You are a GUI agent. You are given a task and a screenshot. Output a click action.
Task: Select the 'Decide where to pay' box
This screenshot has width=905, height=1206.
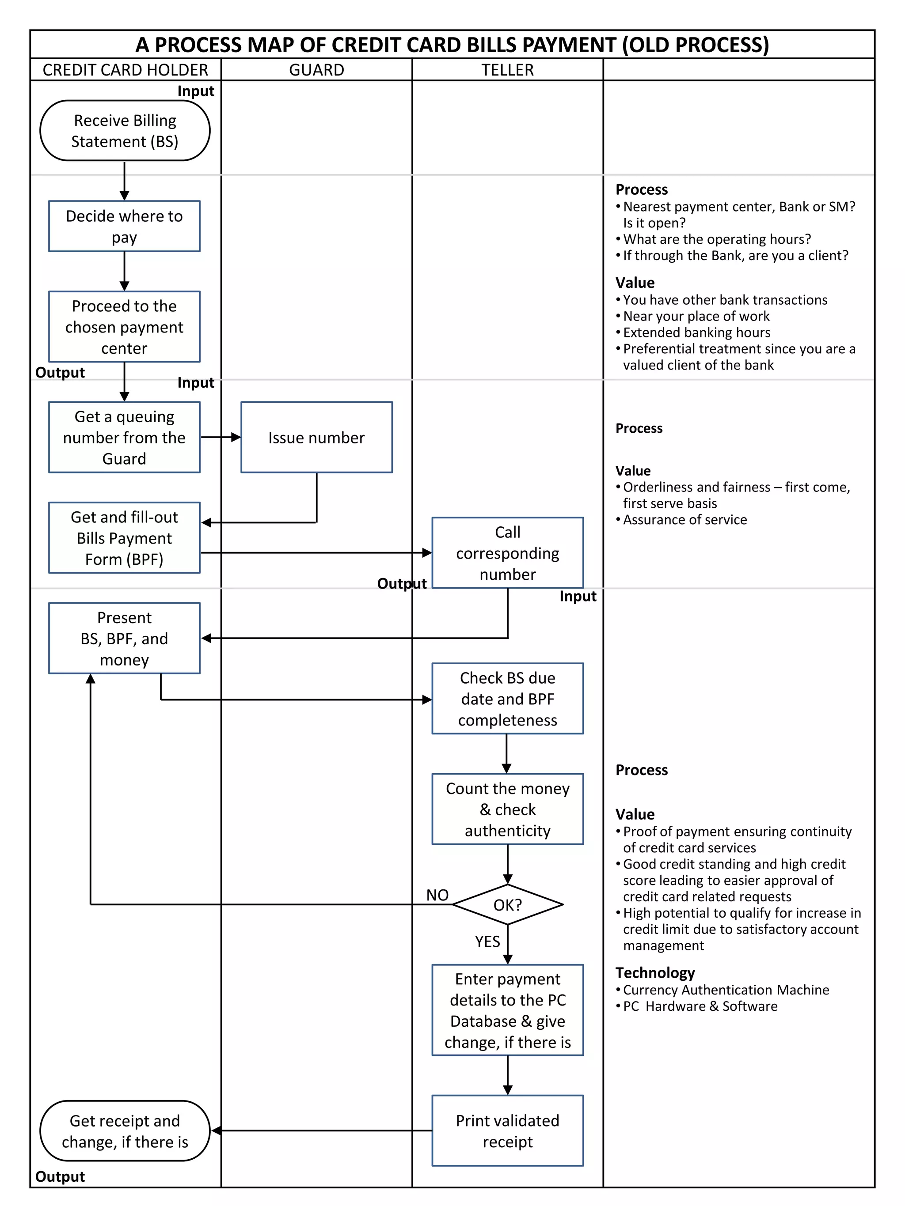click(124, 226)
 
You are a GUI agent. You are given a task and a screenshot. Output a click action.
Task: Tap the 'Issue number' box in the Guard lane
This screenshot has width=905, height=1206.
click(316, 437)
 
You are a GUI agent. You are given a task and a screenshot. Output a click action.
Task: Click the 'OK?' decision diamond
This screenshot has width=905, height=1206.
click(507, 904)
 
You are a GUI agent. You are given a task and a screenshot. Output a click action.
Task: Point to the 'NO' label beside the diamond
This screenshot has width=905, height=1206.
click(437, 895)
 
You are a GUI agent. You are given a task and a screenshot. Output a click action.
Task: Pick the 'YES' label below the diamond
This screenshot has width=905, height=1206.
click(487, 941)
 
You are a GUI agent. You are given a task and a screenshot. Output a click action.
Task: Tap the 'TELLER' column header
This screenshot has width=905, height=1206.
click(507, 70)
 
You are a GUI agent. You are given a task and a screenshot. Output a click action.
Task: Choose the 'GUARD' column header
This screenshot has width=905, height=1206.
click(316, 70)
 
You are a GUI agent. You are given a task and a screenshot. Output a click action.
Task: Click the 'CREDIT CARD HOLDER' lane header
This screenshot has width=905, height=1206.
click(125, 70)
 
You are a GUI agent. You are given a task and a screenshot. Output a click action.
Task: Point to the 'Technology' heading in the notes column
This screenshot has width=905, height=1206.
click(654, 973)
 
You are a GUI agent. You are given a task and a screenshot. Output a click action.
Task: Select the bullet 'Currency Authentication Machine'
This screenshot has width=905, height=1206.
click(726, 990)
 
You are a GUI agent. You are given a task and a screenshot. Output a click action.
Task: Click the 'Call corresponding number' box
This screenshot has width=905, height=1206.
click(507, 553)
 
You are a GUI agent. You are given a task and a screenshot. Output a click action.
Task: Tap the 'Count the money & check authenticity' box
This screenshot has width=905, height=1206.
click(507, 809)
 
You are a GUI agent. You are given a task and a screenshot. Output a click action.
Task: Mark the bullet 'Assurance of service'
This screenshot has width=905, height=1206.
click(684, 520)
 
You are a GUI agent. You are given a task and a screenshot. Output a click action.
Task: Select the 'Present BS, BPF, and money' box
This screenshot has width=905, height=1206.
click(124, 638)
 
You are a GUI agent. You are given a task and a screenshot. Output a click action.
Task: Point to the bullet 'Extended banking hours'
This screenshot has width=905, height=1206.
click(696, 332)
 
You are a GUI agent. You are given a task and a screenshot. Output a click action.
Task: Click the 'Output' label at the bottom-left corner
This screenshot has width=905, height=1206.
click(60, 1176)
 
